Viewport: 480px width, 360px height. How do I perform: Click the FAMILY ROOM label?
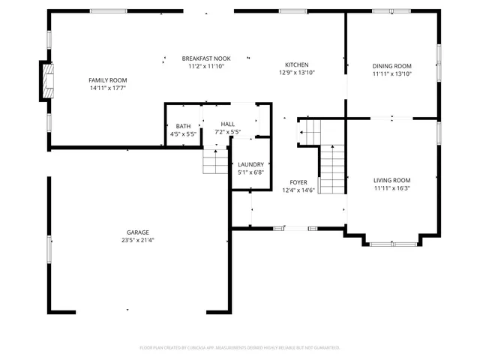pyautogui.click(x=108, y=80)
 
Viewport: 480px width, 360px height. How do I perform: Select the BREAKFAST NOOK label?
pyautogui.click(x=206, y=58)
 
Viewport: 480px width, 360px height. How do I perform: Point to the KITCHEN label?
pyautogui.click(x=296, y=65)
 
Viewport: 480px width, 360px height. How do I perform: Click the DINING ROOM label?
pyautogui.click(x=392, y=66)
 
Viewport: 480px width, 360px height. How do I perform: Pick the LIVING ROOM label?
pyautogui.click(x=392, y=180)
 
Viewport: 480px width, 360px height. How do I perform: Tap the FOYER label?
pyautogui.click(x=298, y=182)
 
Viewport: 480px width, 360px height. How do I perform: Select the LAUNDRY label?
pyautogui.click(x=250, y=164)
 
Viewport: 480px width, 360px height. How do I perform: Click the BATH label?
pyautogui.click(x=183, y=126)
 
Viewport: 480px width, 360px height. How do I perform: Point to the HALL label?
pyautogui.click(x=227, y=124)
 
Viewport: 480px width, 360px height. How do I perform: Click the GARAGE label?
pyautogui.click(x=137, y=232)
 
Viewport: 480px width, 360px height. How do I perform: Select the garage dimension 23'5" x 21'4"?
pyautogui.click(x=137, y=241)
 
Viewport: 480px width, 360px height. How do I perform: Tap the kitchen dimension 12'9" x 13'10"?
pyautogui.click(x=296, y=73)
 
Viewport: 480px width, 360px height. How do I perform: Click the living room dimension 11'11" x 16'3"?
pyautogui.click(x=392, y=188)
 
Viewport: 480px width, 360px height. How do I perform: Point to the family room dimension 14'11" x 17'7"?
pyautogui.click(x=108, y=88)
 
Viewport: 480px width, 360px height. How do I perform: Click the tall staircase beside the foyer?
pyautogui.click(x=331, y=169)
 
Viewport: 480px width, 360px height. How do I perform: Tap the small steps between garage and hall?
pyautogui.click(x=214, y=161)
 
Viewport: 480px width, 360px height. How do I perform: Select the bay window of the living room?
pyautogui.click(x=393, y=242)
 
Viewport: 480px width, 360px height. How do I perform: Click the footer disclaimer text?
pyautogui.click(x=240, y=348)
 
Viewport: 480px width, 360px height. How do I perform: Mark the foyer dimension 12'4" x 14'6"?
pyautogui.click(x=298, y=190)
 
